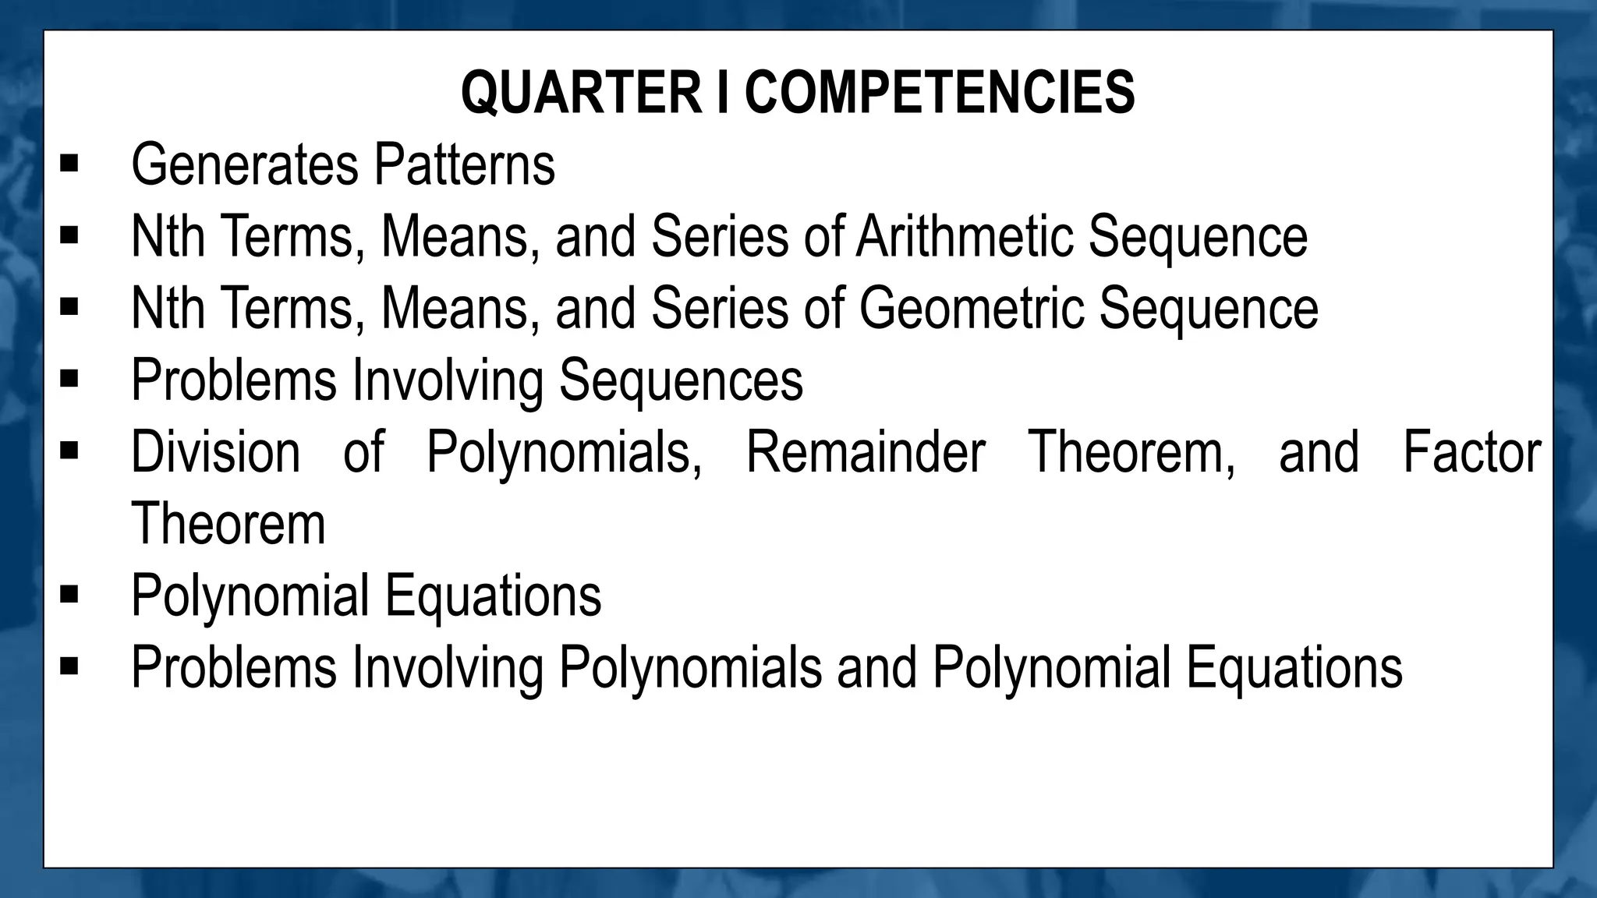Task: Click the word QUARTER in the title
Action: [581, 92]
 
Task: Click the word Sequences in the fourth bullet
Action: [681, 380]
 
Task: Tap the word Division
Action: [215, 452]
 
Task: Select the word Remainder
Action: [866, 452]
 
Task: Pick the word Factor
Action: [1471, 452]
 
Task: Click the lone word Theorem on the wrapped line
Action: [228, 524]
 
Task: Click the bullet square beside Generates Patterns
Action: [69, 164]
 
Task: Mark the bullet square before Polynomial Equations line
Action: [69, 596]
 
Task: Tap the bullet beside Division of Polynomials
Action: [69, 452]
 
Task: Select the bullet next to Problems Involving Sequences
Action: [69, 380]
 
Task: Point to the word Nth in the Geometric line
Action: [168, 308]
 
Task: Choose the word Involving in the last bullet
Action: [448, 668]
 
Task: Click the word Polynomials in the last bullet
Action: [690, 668]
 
